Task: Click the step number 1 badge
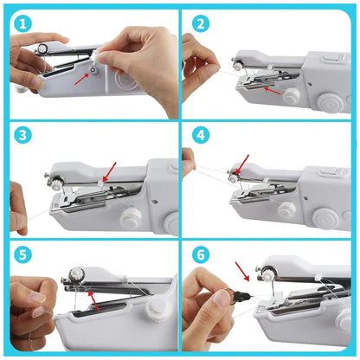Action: [22, 23]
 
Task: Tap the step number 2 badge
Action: [201, 23]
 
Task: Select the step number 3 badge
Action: [22, 136]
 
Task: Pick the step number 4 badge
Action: [201, 136]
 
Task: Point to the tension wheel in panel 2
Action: [236, 64]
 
